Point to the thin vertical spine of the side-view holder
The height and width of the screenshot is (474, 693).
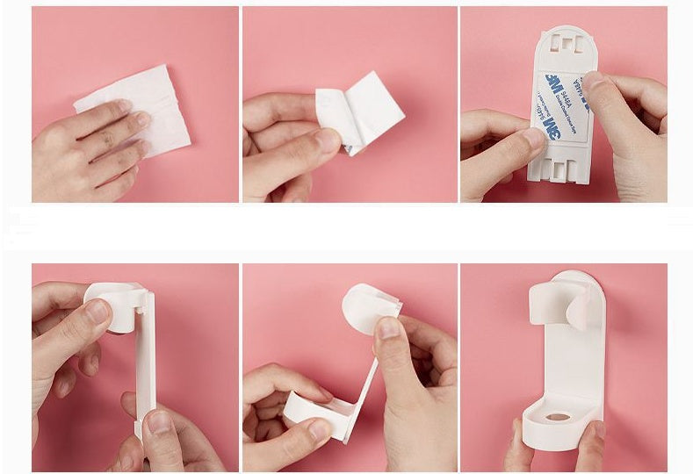(x=145, y=360)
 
